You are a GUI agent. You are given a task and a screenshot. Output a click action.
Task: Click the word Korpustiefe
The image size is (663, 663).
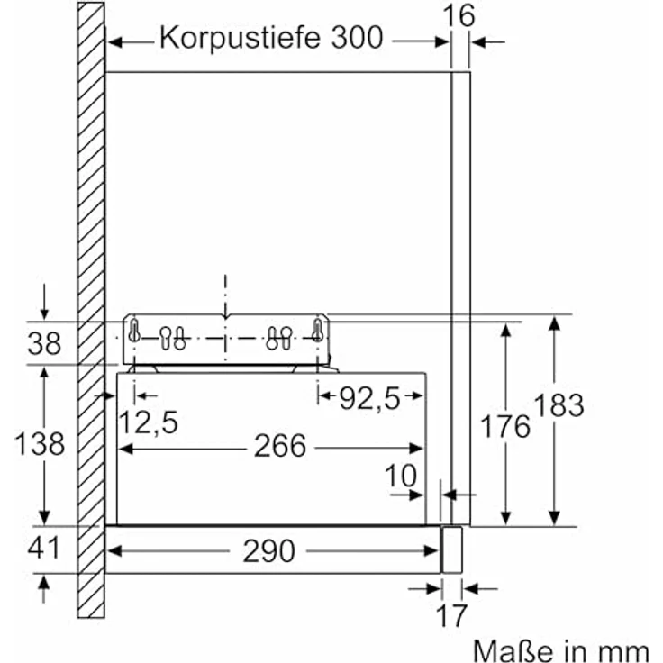pyautogui.click(x=241, y=38)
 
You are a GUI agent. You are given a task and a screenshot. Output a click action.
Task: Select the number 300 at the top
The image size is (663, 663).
pyautogui.click(x=358, y=37)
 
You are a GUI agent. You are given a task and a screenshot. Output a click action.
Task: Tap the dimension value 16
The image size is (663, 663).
pyautogui.click(x=459, y=15)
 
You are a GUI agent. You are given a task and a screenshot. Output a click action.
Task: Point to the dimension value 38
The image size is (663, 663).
pyautogui.click(x=44, y=343)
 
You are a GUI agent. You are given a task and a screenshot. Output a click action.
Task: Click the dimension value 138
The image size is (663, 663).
pyautogui.click(x=40, y=443)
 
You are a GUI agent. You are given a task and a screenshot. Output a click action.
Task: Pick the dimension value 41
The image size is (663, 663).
pyautogui.click(x=44, y=548)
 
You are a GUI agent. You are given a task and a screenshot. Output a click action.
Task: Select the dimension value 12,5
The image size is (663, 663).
pyautogui.click(x=148, y=422)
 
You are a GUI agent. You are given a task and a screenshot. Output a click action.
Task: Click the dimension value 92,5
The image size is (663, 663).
pyautogui.click(x=369, y=398)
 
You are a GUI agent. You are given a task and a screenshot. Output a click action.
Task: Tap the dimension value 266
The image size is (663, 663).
pyautogui.click(x=280, y=446)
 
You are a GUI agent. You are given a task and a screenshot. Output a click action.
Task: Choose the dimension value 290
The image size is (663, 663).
pyautogui.click(x=269, y=551)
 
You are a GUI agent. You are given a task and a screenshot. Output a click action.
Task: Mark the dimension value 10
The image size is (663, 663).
pyautogui.click(x=401, y=476)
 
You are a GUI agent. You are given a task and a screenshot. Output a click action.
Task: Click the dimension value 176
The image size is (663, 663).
pyautogui.click(x=505, y=426)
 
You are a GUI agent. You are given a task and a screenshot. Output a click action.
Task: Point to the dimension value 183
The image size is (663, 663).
pyautogui.click(x=559, y=404)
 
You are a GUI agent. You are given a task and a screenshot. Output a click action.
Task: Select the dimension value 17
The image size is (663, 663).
pyautogui.click(x=451, y=615)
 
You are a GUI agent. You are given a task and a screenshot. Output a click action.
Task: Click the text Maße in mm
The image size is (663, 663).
pyautogui.click(x=560, y=650)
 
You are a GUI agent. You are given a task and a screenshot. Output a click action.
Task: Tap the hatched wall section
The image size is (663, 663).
pyautogui.click(x=91, y=310)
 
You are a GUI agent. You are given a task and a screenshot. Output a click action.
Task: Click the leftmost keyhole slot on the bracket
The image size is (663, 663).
pyautogui.click(x=134, y=331)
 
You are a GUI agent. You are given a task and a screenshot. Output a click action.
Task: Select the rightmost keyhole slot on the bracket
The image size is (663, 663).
pyautogui.click(x=318, y=331)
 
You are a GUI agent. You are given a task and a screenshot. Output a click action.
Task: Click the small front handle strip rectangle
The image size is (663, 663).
pyautogui.click(x=451, y=549)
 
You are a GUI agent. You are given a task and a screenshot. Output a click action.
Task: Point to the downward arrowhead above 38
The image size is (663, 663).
pyautogui.click(x=44, y=314)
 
